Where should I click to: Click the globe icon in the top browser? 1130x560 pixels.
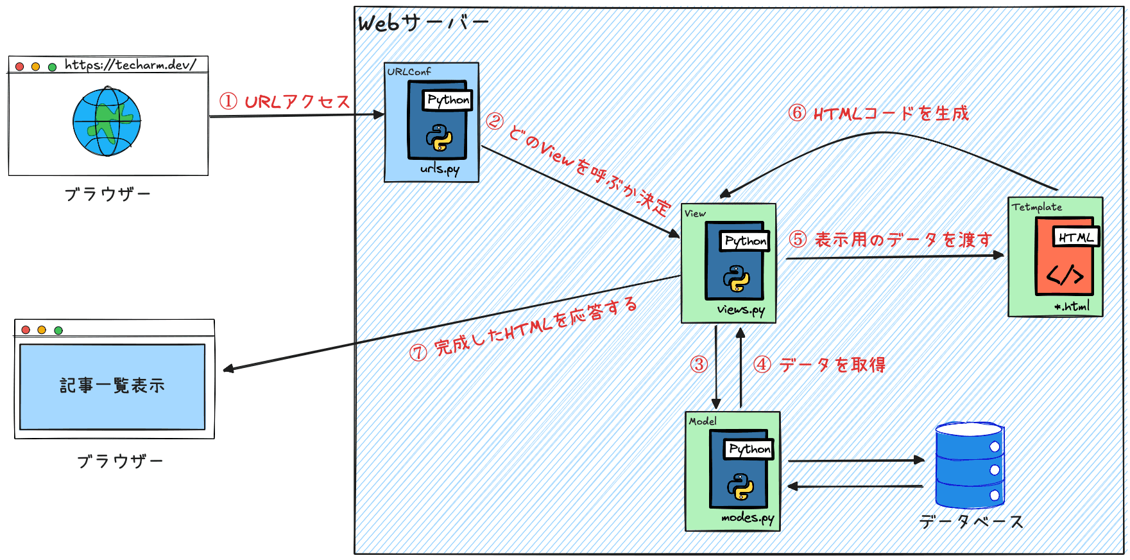click(107, 121)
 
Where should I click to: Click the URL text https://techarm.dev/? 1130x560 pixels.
click(130, 65)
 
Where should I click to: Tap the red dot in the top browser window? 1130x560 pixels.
click(19, 66)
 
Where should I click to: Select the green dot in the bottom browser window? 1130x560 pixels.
click(58, 330)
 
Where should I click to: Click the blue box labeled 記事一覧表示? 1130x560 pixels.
click(112, 386)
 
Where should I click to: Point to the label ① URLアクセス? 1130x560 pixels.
click(285, 101)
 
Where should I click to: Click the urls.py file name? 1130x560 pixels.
click(440, 169)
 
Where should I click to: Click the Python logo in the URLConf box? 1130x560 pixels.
click(439, 137)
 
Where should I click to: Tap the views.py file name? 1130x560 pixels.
click(740, 310)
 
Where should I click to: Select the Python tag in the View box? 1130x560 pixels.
click(745, 241)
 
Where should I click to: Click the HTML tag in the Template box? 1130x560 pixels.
click(1076, 237)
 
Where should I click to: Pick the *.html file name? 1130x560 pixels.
click(1072, 306)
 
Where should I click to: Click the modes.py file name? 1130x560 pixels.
click(747, 518)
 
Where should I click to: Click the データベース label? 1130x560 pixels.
click(971, 521)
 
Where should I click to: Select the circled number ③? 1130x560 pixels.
click(699, 365)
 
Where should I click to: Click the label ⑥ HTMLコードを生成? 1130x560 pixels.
click(878, 114)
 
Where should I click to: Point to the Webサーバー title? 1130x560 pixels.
click(423, 24)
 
